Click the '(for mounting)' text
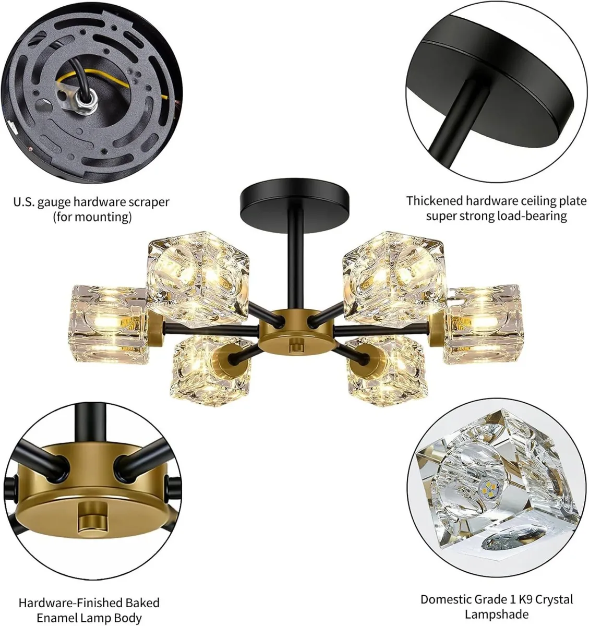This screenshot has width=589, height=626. click(92, 216)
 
